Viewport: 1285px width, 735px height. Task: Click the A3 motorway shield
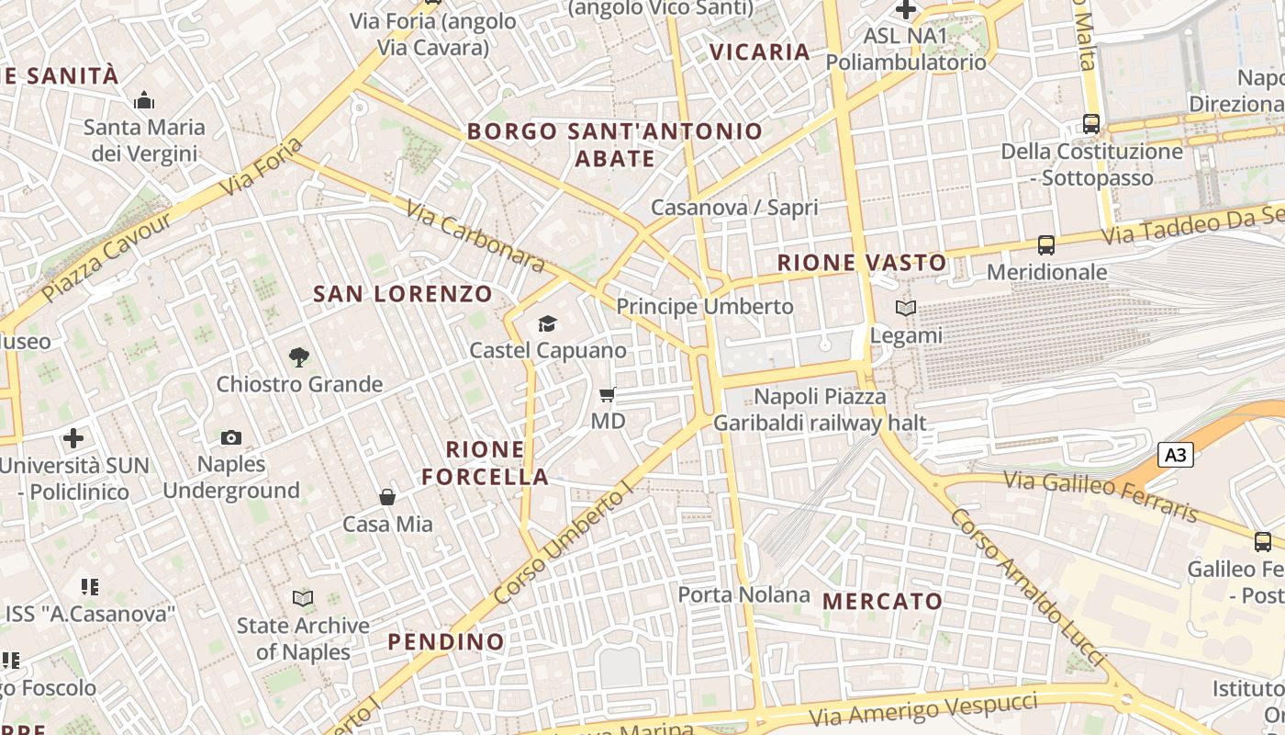click(x=1175, y=454)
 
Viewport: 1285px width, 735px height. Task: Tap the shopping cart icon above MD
click(x=606, y=395)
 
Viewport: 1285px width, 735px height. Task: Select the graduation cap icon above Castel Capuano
click(x=548, y=323)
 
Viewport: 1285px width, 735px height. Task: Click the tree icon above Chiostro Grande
click(x=298, y=356)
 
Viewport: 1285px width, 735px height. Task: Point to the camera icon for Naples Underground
click(x=231, y=437)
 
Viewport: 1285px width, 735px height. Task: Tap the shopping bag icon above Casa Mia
click(x=387, y=497)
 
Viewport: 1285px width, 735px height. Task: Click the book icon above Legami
click(x=906, y=309)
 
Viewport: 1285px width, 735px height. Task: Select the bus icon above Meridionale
click(x=1046, y=244)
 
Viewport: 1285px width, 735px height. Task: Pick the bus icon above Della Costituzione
click(x=1091, y=123)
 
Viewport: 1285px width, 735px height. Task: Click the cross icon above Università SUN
click(x=73, y=438)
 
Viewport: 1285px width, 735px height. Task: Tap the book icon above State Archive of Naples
click(x=303, y=599)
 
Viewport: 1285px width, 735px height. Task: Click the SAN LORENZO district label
click(x=403, y=294)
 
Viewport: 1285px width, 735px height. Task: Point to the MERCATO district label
click(x=882, y=602)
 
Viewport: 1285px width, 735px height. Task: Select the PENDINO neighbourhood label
click(x=446, y=641)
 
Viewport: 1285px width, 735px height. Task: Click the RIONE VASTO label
click(x=862, y=263)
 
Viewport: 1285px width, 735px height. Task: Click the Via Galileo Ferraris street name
click(x=1101, y=495)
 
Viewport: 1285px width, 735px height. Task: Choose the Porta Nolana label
click(x=743, y=594)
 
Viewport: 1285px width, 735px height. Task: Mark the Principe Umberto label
click(x=705, y=306)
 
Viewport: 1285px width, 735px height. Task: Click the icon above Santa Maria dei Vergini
click(x=144, y=100)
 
